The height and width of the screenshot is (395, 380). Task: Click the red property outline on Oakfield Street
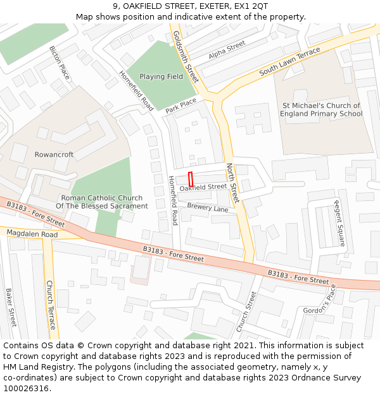click(x=191, y=178)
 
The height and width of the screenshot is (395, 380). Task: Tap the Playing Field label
click(x=161, y=77)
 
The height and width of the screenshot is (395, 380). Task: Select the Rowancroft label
click(x=54, y=155)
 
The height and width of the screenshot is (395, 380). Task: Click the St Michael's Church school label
click(x=321, y=110)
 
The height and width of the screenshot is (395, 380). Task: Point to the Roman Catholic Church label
click(x=101, y=202)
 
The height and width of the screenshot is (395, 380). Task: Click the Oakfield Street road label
click(x=203, y=187)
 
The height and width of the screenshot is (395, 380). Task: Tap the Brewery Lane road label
click(x=207, y=209)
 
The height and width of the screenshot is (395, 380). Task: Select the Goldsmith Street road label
click(x=186, y=57)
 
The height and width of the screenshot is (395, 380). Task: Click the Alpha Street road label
click(x=227, y=50)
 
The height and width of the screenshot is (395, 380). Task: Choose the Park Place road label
click(x=181, y=106)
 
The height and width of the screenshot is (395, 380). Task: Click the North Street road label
click(x=232, y=183)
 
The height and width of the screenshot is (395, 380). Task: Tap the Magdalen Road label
click(x=32, y=234)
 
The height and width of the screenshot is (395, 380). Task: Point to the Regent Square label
click(x=339, y=223)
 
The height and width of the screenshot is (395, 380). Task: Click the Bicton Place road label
click(x=60, y=62)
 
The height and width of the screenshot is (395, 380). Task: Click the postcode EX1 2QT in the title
click(x=251, y=6)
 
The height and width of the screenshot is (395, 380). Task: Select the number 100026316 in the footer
click(x=26, y=388)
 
